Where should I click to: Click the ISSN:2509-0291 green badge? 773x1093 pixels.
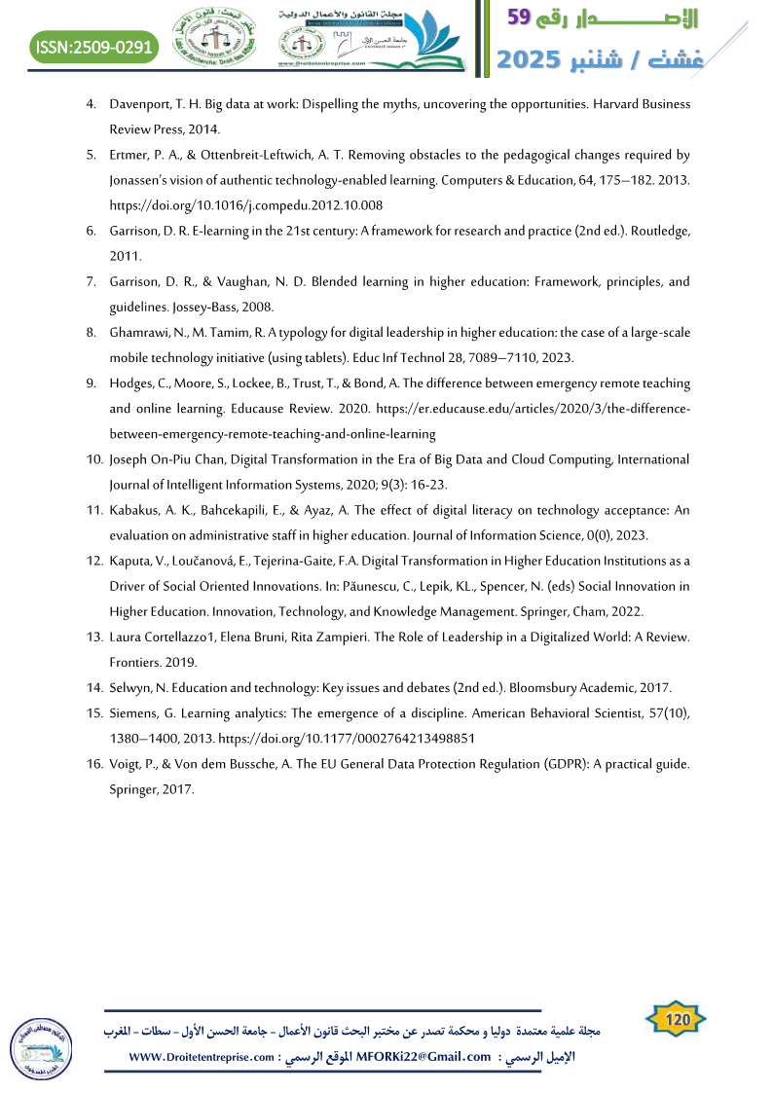[x=93, y=46]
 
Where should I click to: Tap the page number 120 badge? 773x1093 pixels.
[x=676, y=1019]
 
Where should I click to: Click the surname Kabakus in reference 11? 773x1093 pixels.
[x=136, y=510]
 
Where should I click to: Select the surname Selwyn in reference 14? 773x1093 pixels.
[x=132, y=687]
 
